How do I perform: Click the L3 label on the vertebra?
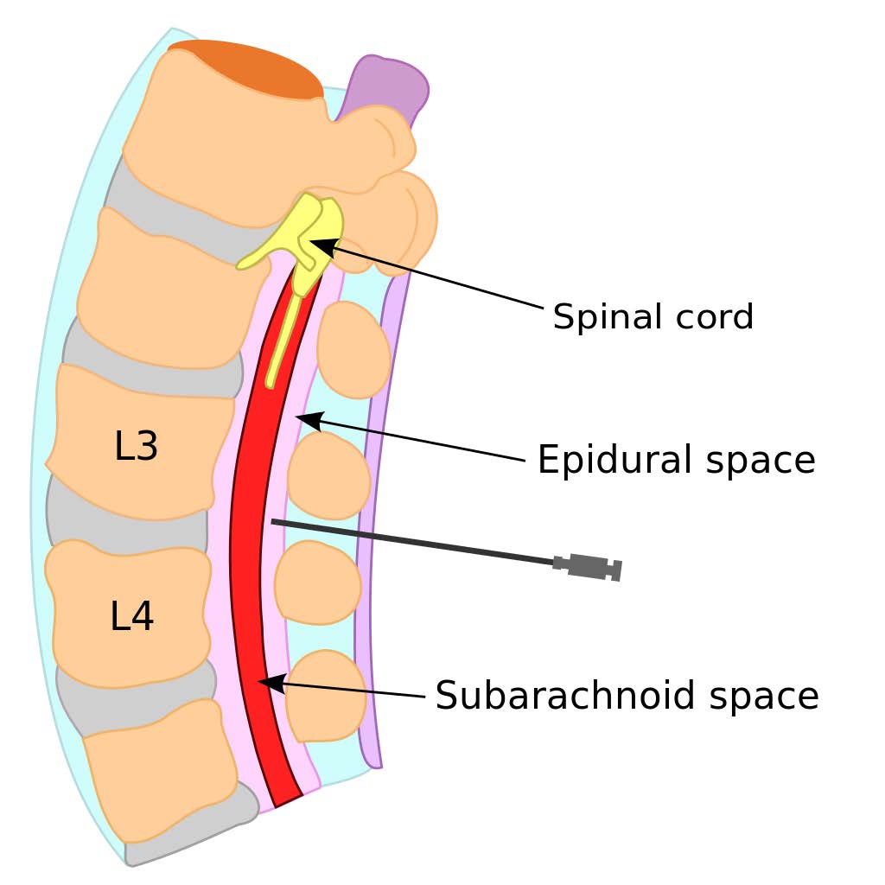(x=136, y=447)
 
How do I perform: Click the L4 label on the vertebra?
(x=132, y=616)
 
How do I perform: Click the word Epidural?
(x=613, y=461)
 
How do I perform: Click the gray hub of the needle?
(x=588, y=567)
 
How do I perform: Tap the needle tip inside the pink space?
(x=275, y=521)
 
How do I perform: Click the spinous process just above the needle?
(x=328, y=476)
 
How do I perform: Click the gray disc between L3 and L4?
(x=125, y=527)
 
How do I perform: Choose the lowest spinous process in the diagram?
(x=326, y=696)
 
